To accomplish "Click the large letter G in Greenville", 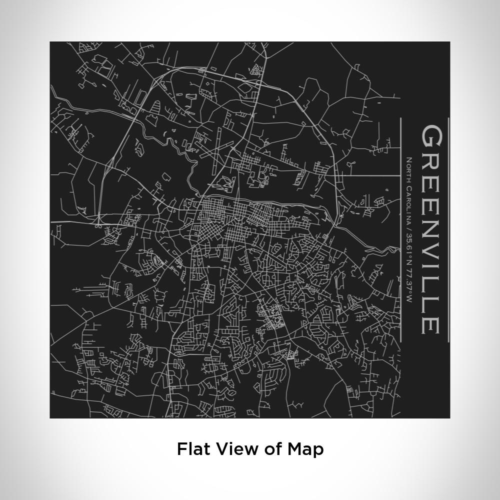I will [x=431, y=136].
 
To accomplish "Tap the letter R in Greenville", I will [x=431, y=159].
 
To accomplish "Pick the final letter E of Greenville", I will [x=431, y=324].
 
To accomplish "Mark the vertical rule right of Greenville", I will [x=448, y=230].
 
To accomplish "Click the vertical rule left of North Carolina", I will [x=400, y=230].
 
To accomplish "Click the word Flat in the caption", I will [x=193, y=448].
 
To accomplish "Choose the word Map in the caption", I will [x=305, y=448].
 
